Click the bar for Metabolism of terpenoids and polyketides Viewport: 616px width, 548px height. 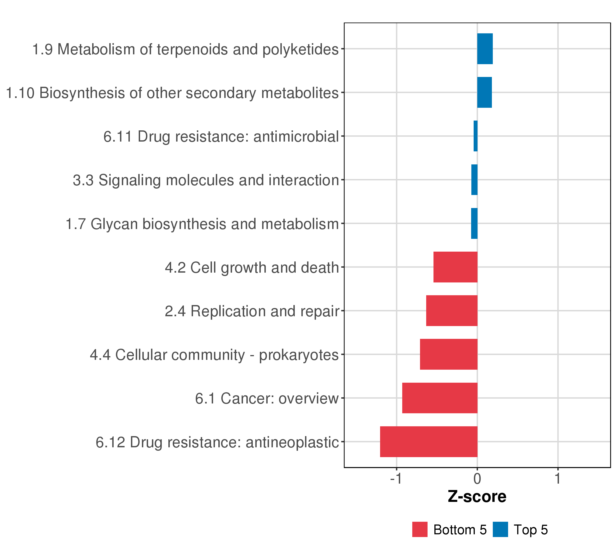coord(485,49)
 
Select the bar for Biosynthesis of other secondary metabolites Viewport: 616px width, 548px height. coord(484,92)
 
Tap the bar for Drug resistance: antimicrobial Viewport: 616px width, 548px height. coord(475,136)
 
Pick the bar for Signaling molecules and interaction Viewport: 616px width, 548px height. coord(474,180)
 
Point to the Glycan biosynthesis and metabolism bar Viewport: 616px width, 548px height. coord(474,224)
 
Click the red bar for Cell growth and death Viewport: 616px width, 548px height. coord(455,267)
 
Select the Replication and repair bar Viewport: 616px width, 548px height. coord(452,311)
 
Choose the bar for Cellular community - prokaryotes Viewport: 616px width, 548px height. coord(449,354)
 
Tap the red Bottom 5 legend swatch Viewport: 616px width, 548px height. coord(420,530)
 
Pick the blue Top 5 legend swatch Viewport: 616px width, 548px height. coord(500,530)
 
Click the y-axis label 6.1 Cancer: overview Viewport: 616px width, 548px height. coord(267,398)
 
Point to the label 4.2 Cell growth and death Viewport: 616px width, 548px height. coord(252,268)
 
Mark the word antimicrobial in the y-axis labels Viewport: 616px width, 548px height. coord(296,137)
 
